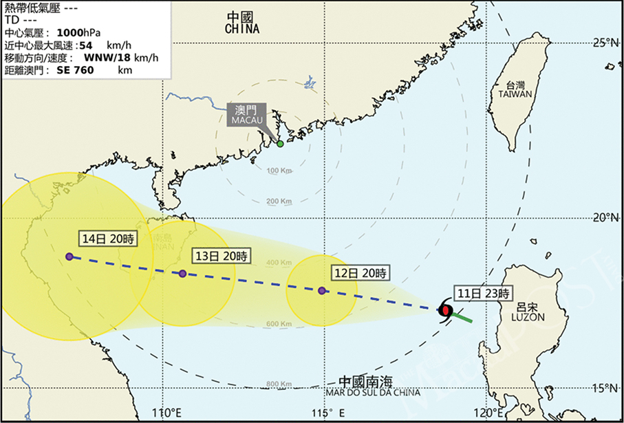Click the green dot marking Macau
[280, 144]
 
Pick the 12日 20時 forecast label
[359, 272]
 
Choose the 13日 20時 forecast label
[222, 255]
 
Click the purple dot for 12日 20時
[322, 290]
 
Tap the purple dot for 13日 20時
[182, 274]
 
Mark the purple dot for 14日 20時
[69, 257]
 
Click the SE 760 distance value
[74, 69]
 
